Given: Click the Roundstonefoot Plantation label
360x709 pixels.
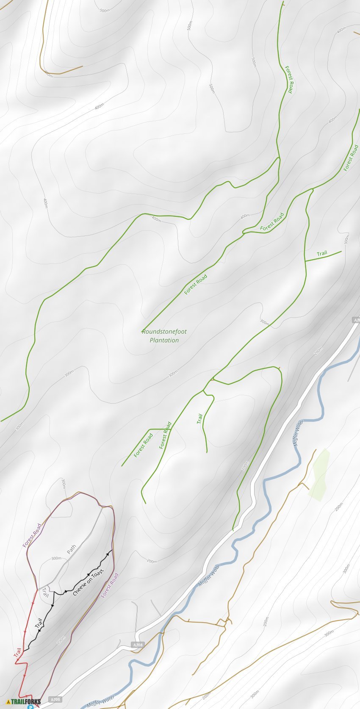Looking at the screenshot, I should pyautogui.click(x=164, y=336).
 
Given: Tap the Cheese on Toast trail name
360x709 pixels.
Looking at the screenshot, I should pyautogui.click(x=88, y=583).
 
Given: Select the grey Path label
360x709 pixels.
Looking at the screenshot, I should pyautogui.click(x=72, y=549).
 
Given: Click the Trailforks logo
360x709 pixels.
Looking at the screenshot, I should pyautogui.click(x=24, y=701).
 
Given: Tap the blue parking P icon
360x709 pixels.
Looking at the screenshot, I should pyautogui.click(x=30, y=706).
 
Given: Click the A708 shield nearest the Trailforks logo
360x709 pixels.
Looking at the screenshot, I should pyautogui.click(x=55, y=699).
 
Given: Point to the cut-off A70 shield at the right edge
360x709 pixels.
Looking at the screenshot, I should pyautogui.click(x=356, y=320).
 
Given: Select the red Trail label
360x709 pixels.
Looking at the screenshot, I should pyautogui.click(x=17, y=653).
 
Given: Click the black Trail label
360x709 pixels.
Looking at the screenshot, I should pyautogui.click(x=39, y=624).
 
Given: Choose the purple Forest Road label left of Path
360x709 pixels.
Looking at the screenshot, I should pyautogui.click(x=32, y=535).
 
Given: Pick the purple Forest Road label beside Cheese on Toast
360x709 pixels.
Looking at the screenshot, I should pyautogui.click(x=110, y=585).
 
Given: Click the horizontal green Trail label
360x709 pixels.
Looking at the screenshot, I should pyautogui.click(x=322, y=254).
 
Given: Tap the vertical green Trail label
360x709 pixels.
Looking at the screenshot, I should pyautogui.click(x=199, y=418).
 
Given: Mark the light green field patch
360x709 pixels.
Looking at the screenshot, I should pyautogui.click(x=319, y=474).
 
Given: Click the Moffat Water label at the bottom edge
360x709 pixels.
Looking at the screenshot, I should pyautogui.click(x=101, y=701).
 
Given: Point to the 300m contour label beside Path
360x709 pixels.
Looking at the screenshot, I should pyautogui.click(x=56, y=558).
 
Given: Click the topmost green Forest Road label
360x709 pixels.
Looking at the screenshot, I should pyautogui.click(x=288, y=79).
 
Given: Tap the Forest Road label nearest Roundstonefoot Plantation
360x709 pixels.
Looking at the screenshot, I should pyautogui.click(x=196, y=284).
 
